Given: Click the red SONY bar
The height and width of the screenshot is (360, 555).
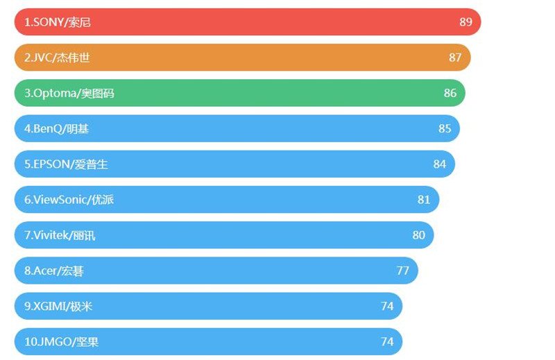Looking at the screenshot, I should tap(247, 22).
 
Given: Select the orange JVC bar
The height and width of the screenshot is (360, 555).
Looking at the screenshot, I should tap(242, 58).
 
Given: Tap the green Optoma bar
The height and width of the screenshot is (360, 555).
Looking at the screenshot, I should tap(239, 93).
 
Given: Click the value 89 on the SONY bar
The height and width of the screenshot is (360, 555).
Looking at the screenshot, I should tap(466, 22).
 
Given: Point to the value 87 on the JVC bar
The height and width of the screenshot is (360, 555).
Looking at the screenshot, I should tap(455, 58).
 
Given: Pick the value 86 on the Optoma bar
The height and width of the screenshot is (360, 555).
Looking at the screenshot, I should tap(450, 93).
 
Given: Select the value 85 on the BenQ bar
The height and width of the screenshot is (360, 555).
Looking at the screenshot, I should tap(445, 128).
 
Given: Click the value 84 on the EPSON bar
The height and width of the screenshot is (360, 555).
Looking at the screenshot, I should tap(440, 164).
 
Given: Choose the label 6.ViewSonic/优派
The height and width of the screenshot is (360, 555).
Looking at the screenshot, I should tap(69, 200).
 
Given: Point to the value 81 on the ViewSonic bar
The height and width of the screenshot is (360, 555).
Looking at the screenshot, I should tap(424, 200).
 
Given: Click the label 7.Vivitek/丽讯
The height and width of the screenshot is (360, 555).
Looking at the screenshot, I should tap(60, 235).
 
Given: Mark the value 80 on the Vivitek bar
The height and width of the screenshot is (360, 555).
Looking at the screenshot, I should tap(418, 235).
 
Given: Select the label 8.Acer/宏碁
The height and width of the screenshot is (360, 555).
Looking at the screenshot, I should tap(54, 271).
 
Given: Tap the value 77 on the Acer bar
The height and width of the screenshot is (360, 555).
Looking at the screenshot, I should tap(403, 271).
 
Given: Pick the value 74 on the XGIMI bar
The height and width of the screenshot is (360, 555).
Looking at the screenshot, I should tap(387, 306).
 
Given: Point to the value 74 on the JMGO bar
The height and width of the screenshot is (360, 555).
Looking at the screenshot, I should tap(387, 342).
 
